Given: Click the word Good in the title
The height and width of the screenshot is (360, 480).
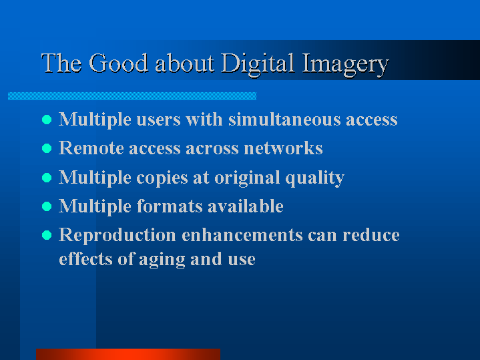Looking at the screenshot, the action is pos(119,63).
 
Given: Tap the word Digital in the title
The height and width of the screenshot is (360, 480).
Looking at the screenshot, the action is pos(258,64).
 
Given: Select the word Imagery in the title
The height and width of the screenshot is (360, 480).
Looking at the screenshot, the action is pos(345,65).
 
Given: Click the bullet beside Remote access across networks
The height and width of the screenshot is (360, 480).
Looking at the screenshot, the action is pos(47,148).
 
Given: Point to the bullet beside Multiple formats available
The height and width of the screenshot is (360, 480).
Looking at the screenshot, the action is pos(47,206).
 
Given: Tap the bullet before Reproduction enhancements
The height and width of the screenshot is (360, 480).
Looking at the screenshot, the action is pos(47,235).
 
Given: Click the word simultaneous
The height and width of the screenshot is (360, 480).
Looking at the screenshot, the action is pos(284,119).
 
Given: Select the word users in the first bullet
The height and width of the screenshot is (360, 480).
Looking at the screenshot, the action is pos(158,120).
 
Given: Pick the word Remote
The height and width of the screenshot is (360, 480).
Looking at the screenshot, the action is pos(91,148).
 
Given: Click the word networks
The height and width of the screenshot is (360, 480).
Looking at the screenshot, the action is pos(283,148).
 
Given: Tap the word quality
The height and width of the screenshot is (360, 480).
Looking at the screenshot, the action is pos(314,178).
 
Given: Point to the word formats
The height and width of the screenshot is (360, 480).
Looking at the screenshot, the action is pos(170,206).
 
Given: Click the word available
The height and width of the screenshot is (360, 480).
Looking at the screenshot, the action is pos(246,206).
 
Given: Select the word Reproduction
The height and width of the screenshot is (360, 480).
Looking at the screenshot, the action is pos(117,235).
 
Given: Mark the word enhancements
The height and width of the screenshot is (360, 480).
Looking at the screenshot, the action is pos(242,235).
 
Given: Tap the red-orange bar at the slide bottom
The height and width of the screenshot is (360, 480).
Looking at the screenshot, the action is pos(128,354).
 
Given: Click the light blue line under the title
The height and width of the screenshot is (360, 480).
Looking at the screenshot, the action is pos(132,96).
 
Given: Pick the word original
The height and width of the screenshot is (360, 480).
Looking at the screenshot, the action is pos(247,178).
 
